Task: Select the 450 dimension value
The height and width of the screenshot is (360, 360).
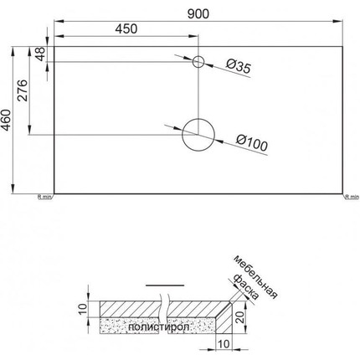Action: [x=126, y=28]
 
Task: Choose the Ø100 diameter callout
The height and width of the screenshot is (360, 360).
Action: [x=250, y=143]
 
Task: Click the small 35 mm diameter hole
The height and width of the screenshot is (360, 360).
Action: [x=199, y=62]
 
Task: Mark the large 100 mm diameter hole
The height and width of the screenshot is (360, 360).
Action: [x=199, y=134]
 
